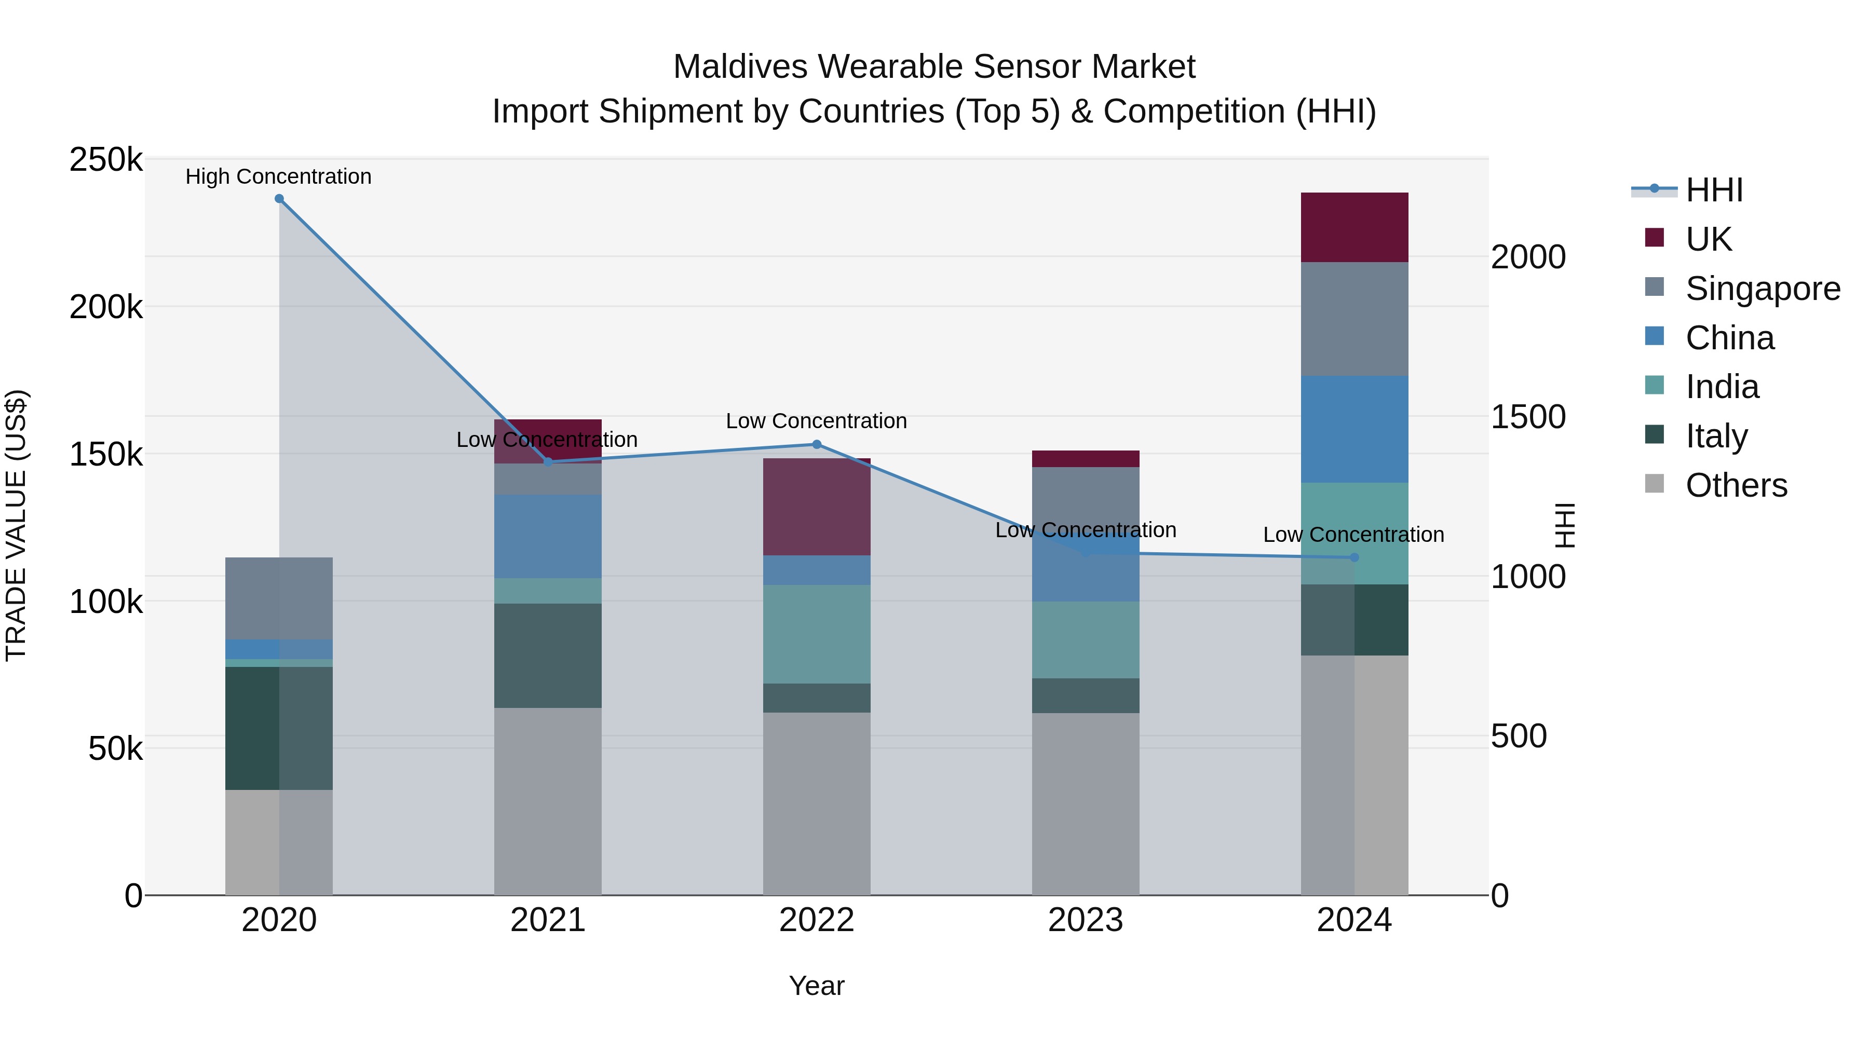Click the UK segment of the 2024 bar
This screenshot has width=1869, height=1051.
pos(1354,227)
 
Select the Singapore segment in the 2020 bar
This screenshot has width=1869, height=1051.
pos(279,598)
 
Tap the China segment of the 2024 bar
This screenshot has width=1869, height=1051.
pos(1354,429)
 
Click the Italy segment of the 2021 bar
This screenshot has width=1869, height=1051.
pos(548,655)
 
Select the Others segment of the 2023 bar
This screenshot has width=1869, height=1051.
pos(1086,803)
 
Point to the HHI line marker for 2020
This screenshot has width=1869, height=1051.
pos(279,199)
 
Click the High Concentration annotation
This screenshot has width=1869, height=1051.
pos(279,176)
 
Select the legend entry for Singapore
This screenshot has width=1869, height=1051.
pos(1763,289)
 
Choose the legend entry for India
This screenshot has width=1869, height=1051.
pos(1722,387)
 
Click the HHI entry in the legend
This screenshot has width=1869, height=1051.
pos(1714,190)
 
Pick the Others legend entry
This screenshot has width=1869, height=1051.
pos(1736,485)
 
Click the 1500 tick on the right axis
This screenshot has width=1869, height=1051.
pos(1528,417)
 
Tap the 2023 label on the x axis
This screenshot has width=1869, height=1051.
pos(1086,920)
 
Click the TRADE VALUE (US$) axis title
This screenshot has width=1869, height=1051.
pos(16,525)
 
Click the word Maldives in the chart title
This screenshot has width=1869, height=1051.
pos(740,67)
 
